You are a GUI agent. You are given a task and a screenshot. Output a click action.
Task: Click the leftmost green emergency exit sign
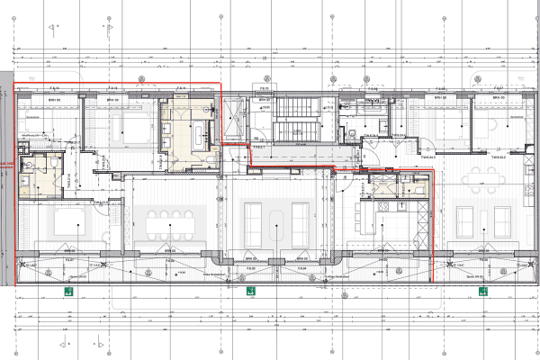67,291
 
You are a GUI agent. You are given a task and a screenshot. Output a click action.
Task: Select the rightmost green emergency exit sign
482,291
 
